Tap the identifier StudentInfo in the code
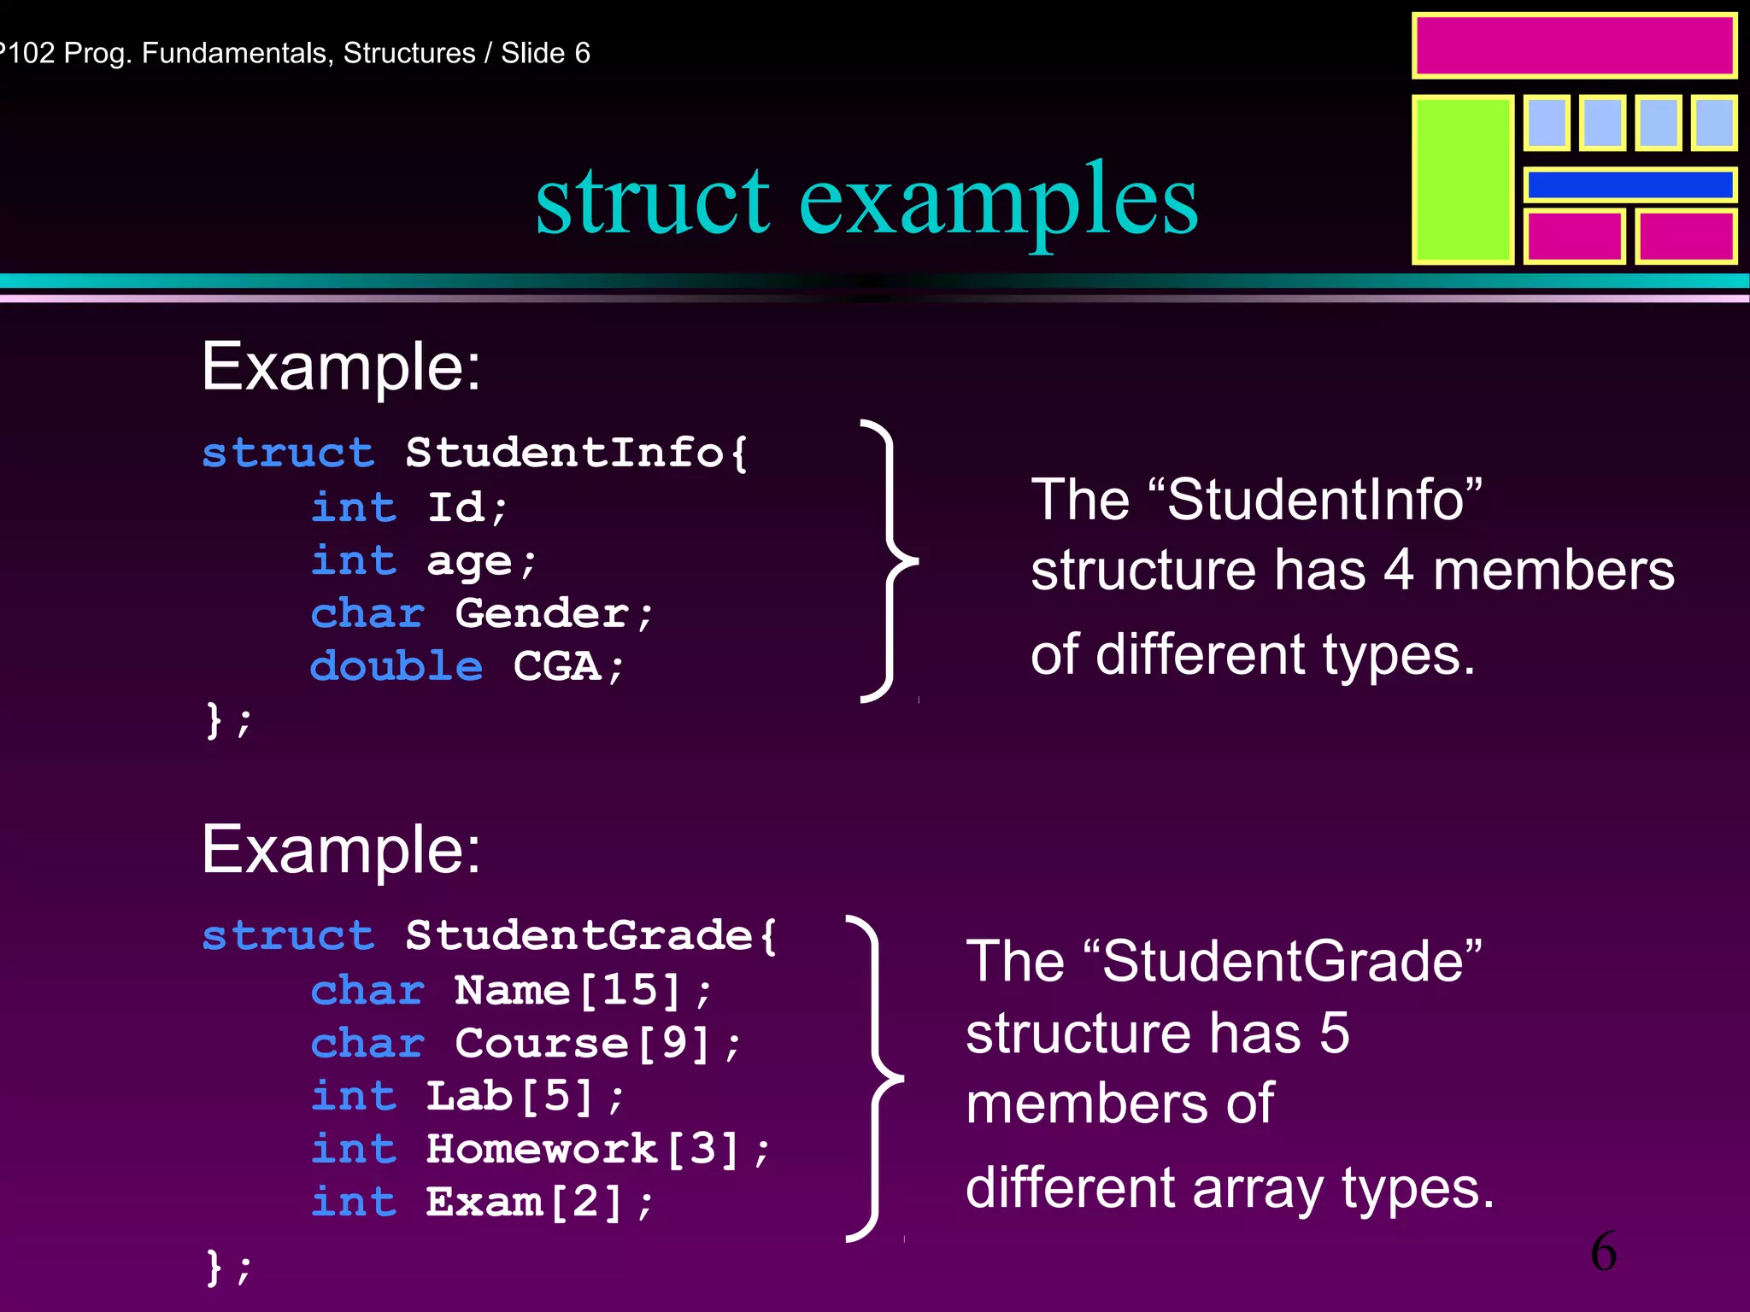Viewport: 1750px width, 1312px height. pyautogui.click(x=564, y=452)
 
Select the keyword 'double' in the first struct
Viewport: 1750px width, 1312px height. pyautogui.click(x=396, y=666)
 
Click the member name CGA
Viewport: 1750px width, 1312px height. pyautogui.click(x=557, y=666)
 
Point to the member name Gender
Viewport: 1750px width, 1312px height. pyautogui.click(x=543, y=613)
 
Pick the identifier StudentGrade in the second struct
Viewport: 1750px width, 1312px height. pyautogui.click(x=578, y=935)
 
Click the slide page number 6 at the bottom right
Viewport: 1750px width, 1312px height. pyautogui.click(x=1603, y=1252)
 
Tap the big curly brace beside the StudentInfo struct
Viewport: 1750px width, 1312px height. pyautogui.click(x=889, y=561)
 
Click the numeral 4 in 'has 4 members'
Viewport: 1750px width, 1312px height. pyautogui.click(x=1398, y=571)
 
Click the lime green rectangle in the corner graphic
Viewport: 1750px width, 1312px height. pyautogui.click(x=1462, y=179)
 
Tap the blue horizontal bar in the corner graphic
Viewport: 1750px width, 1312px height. pyautogui.click(x=1630, y=184)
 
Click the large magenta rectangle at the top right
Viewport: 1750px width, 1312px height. pyautogui.click(x=1574, y=46)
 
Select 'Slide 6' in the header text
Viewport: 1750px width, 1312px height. pyautogui.click(x=545, y=53)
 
